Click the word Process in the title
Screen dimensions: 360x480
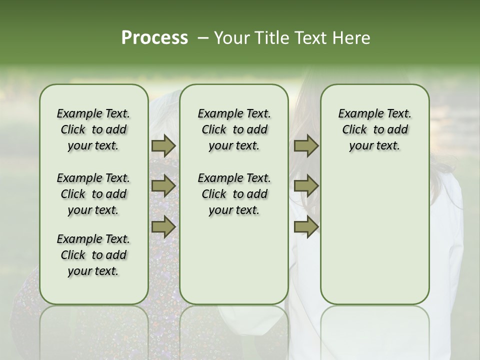154,38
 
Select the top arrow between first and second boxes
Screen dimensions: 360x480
163,146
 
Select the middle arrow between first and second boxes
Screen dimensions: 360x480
163,186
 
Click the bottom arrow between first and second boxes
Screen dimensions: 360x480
163,227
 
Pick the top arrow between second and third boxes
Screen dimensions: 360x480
306,146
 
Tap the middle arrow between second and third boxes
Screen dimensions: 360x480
306,186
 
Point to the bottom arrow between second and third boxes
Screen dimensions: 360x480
306,227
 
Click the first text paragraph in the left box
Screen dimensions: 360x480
93,129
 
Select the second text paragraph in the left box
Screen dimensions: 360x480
93,194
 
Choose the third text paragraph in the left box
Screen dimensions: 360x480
93,255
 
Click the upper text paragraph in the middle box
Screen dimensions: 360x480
234,129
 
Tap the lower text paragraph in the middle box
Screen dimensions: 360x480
234,194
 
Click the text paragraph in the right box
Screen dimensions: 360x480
374,129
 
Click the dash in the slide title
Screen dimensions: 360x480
203,38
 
